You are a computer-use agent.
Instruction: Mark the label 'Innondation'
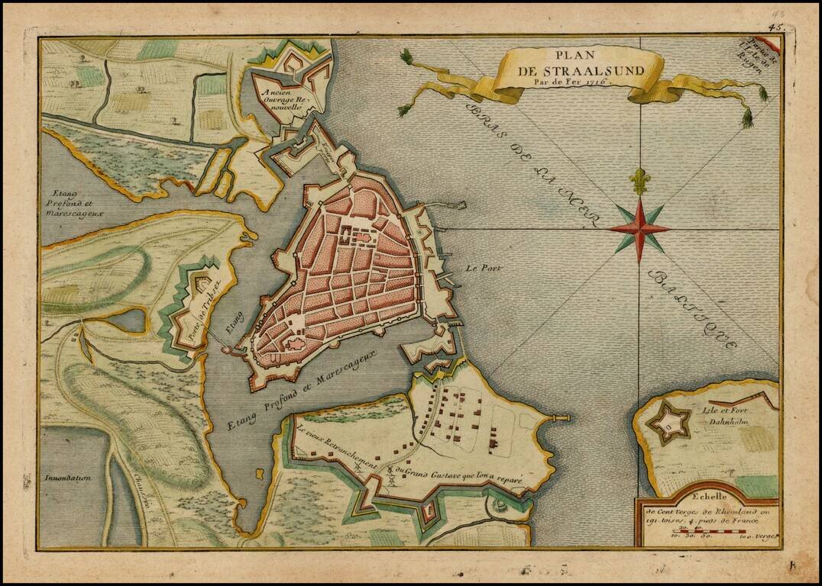(x=68, y=478)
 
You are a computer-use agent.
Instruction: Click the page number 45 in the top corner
(x=778, y=27)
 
